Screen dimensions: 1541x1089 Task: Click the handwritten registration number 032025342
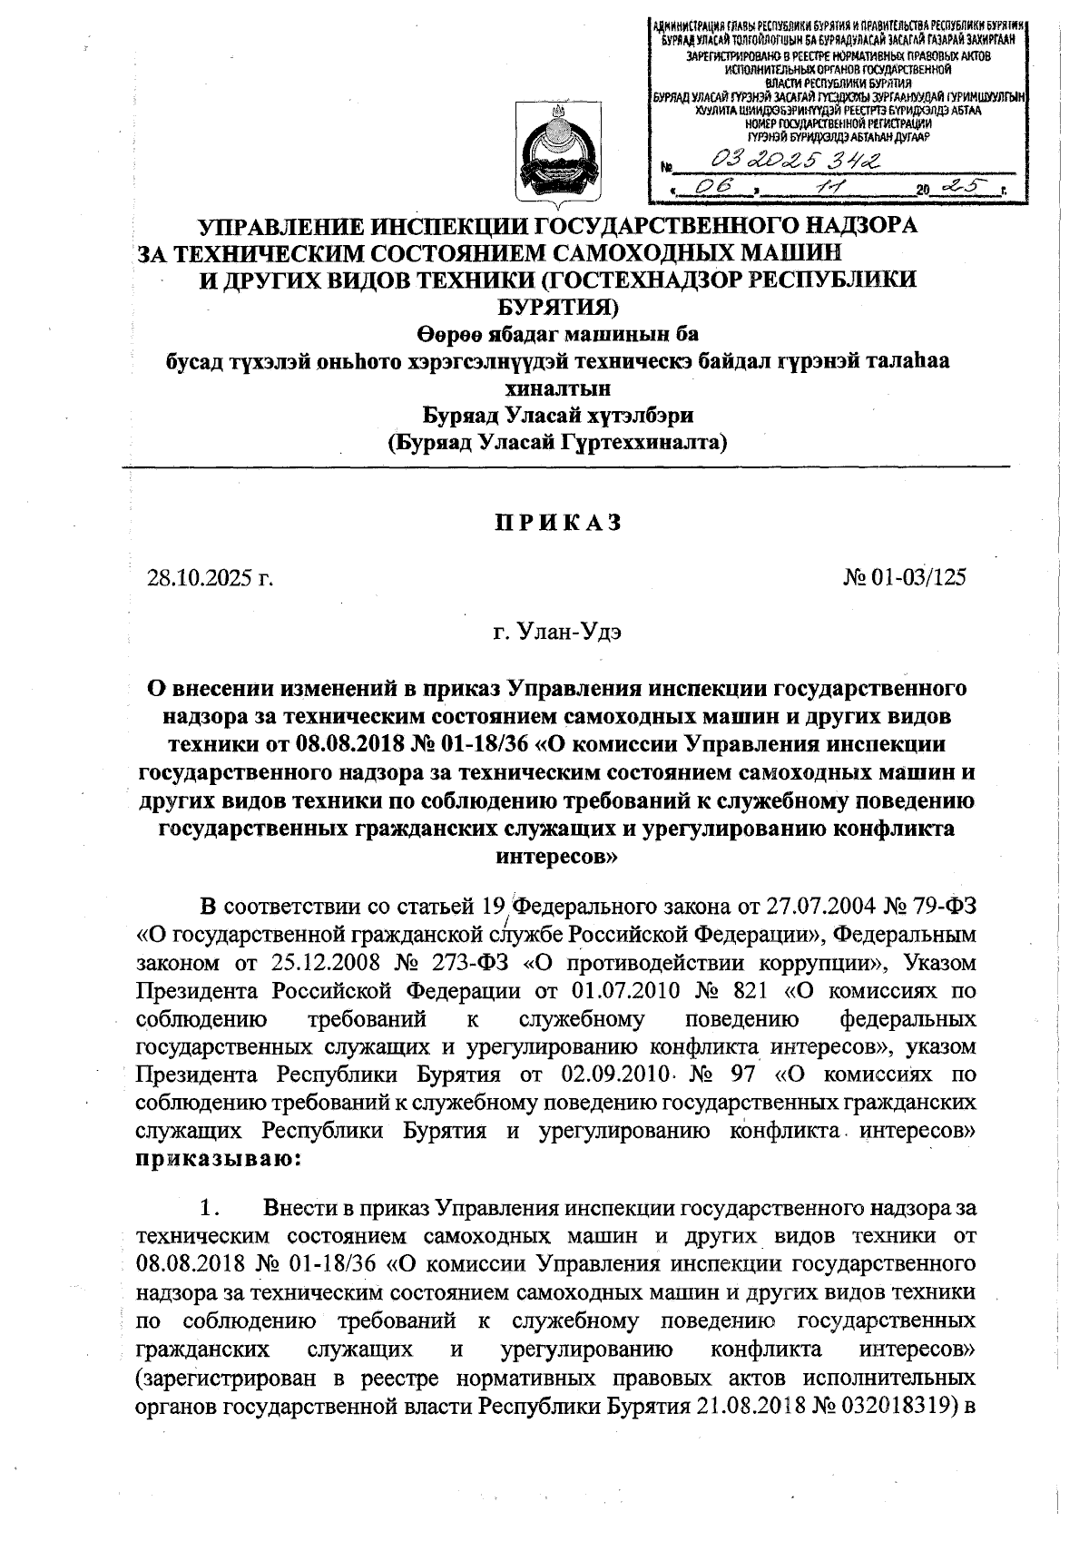(x=799, y=162)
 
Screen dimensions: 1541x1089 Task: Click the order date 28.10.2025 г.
(x=211, y=578)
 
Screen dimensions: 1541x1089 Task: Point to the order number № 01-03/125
(x=905, y=577)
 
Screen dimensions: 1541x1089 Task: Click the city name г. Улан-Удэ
(x=557, y=631)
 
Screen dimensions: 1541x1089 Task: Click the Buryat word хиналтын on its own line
(x=557, y=388)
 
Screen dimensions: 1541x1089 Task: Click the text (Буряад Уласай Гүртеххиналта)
(x=557, y=443)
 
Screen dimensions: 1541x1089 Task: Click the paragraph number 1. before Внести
(x=210, y=1209)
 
